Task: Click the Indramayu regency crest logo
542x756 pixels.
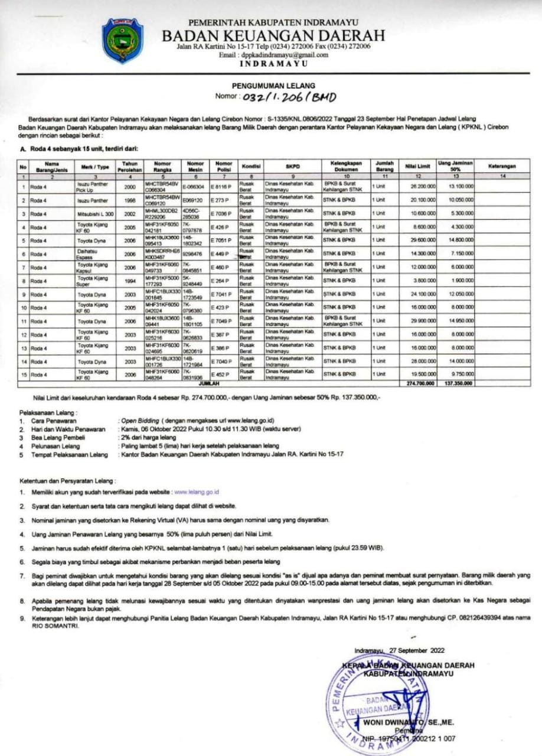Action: click(122, 40)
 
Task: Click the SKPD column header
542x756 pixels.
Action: click(292, 167)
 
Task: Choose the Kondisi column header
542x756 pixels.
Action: click(250, 167)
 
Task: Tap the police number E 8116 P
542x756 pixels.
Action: click(222, 186)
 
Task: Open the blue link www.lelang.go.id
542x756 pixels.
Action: click(197, 491)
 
